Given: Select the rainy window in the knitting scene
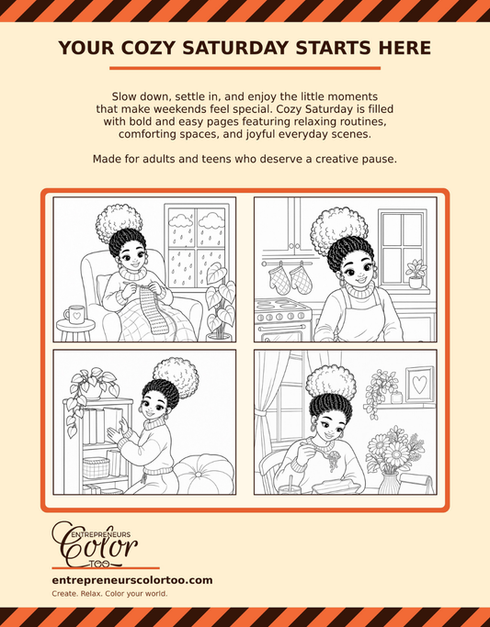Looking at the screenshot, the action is tap(196, 247).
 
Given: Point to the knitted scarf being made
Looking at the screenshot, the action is tap(153, 306).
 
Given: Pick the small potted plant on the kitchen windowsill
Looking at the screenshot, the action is tap(416, 274).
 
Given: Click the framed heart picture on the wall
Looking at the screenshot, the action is tap(419, 385).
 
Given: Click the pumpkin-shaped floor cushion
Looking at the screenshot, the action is tap(204, 475).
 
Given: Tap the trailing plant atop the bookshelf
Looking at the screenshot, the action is tap(91, 395).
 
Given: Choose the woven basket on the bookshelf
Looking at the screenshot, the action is tap(97, 468).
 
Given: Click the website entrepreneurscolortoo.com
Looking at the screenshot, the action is tap(132, 580).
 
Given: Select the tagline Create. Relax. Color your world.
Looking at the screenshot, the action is tap(109, 593).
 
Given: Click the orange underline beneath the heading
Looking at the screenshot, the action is tap(245, 68).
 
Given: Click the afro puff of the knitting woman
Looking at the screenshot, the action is tap(119, 222).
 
